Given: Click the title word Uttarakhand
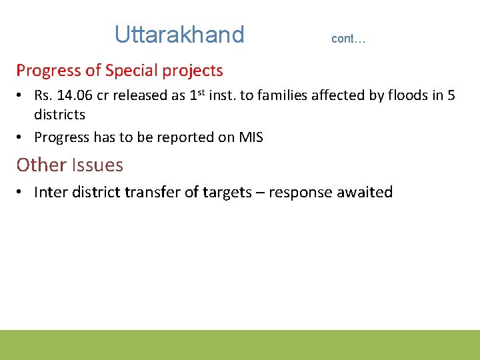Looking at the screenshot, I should coord(179,34).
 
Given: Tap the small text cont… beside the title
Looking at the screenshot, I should coord(348,39).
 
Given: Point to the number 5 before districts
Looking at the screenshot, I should coord(451,95).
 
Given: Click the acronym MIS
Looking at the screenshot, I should coord(250,137).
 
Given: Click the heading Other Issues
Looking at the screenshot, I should coord(69,165).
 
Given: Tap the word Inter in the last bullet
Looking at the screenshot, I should coord(49,192).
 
